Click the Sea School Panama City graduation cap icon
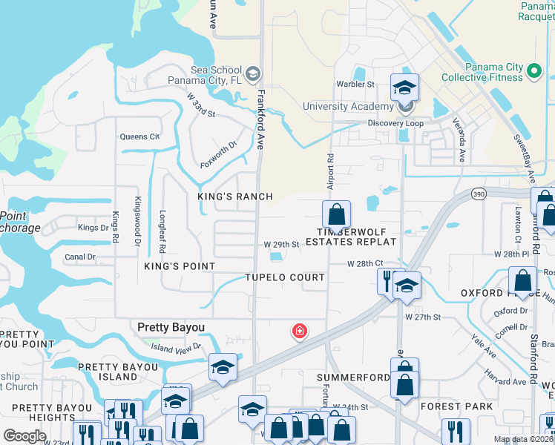pos(253,73)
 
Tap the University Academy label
pos(346,106)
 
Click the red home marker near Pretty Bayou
pos(299,331)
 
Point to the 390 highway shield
pos(479,194)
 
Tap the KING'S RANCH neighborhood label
pos(235,197)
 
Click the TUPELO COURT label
pos(286,277)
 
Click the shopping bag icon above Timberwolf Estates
pos(336,214)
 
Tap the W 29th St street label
pos(281,245)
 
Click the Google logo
pos(24,435)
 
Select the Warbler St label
pos(355,85)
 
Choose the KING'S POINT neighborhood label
pos(181,266)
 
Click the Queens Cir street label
pos(139,136)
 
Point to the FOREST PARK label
pos(456,406)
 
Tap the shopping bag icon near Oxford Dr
pos(523,280)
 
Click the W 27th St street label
pos(423,317)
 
